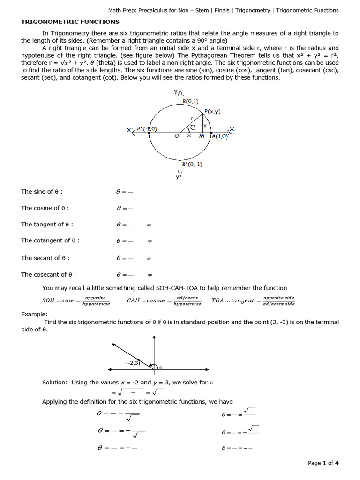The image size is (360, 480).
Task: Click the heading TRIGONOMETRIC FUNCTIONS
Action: click(x=70, y=22)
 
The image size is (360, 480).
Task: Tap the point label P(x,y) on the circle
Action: click(x=212, y=112)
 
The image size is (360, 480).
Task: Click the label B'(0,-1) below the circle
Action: click(x=192, y=164)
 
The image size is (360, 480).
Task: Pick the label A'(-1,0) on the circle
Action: click(x=147, y=129)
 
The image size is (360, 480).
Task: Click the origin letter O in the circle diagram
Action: click(x=177, y=136)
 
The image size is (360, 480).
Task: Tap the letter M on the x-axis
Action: click(x=202, y=136)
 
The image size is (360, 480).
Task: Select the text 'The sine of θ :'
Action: click(x=42, y=192)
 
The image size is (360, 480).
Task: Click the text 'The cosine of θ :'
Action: click(x=45, y=208)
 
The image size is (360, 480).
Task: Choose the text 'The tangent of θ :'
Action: click(x=47, y=225)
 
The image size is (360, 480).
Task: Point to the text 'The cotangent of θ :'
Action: click(x=50, y=240)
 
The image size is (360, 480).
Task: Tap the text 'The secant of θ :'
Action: click(x=45, y=258)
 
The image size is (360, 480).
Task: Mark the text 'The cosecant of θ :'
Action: click(x=48, y=275)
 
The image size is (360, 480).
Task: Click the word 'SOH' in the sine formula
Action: click(x=49, y=301)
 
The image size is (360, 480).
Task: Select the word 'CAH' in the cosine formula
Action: click(x=134, y=301)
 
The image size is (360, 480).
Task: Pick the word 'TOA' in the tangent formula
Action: click(x=218, y=301)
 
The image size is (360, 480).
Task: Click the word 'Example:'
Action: click(x=34, y=314)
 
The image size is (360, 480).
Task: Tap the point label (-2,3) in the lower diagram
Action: click(x=133, y=363)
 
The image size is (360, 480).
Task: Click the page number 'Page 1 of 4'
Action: click(x=323, y=463)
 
